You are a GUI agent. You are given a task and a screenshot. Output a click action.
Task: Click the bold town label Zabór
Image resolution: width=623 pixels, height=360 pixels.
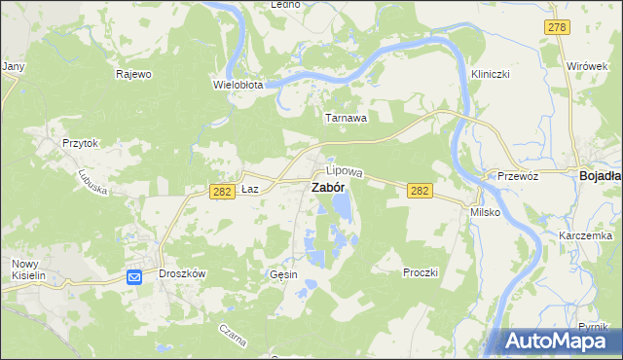click(x=326, y=188)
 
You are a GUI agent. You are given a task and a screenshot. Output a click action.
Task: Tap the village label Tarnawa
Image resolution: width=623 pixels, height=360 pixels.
click(x=346, y=118)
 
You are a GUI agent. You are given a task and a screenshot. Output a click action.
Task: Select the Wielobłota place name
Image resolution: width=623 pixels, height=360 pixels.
click(x=238, y=85)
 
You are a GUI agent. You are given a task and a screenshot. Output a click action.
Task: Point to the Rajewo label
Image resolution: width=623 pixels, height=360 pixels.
click(x=133, y=74)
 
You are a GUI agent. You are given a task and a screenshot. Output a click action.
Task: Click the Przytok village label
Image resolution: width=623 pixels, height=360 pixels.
click(x=81, y=142)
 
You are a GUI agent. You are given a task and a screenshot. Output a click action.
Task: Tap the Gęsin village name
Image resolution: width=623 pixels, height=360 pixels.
click(x=283, y=275)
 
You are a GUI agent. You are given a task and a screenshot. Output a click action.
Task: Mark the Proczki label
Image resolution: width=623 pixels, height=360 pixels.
click(x=421, y=272)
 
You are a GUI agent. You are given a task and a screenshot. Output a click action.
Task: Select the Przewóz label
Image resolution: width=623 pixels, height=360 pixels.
click(x=518, y=176)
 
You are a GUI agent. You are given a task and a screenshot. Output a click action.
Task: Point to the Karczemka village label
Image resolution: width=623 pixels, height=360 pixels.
click(x=585, y=236)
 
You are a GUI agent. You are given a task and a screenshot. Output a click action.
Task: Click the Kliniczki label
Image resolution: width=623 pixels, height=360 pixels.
click(x=491, y=74)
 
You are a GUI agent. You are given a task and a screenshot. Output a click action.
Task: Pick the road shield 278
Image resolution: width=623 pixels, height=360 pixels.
click(x=557, y=27)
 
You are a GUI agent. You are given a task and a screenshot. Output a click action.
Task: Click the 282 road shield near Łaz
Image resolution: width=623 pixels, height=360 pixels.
click(x=221, y=192)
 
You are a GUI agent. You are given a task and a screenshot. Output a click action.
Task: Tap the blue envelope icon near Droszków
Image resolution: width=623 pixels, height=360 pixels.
click(x=134, y=277)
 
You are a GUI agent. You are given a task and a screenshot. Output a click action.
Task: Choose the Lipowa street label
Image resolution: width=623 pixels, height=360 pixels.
click(x=344, y=171)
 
